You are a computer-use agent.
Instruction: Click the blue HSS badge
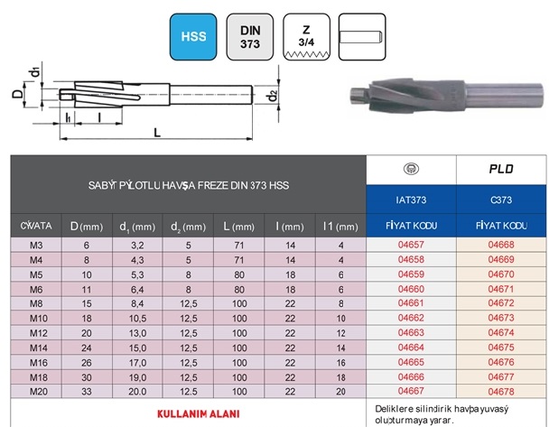click(x=193, y=37)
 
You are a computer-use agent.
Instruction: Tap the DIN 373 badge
click(x=250, y=37)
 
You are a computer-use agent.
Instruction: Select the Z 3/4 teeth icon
click(x=306, y=37)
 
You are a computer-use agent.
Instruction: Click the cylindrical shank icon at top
click(x=362, y=37)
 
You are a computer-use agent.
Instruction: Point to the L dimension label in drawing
click(x=157, y=133)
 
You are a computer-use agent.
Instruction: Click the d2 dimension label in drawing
click(x=273, y=95)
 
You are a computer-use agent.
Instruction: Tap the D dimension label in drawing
click(x=17, y=93)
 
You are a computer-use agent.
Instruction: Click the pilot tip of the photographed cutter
click(x=358, y=96)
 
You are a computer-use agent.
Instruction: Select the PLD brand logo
click(x=501, y=170)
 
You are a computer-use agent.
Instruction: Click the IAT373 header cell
click(x=411, y=200)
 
